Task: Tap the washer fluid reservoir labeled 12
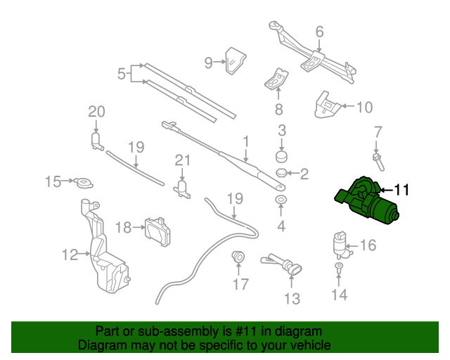pos(103,253)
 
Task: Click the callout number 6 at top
pos(319,32)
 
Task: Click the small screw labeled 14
pos(339,270)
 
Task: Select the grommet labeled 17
pos(239,258)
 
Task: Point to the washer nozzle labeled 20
pos(96,141)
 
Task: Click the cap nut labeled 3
pos(281,155)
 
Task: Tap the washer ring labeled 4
pos(281,202)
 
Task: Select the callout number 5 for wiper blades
pos(121,73)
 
